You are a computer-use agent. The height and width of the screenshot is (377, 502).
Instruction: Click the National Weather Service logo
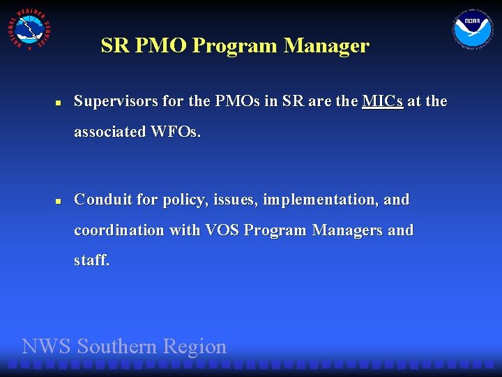[28, 29]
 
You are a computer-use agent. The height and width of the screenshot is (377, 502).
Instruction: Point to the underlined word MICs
[383, 101]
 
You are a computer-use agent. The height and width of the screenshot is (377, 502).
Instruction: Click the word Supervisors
[116, 101]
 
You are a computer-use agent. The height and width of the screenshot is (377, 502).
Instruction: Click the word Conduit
[103, 200]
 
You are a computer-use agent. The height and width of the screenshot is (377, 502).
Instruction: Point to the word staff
[92, 261]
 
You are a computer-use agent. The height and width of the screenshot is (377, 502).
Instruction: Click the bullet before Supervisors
[59, 103]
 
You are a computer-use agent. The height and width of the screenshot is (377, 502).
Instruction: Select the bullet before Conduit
[59, 201]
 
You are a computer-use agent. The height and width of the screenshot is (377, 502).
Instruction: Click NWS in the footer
[47, 346]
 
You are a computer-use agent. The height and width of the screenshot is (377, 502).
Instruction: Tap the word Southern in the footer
[117, 346]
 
